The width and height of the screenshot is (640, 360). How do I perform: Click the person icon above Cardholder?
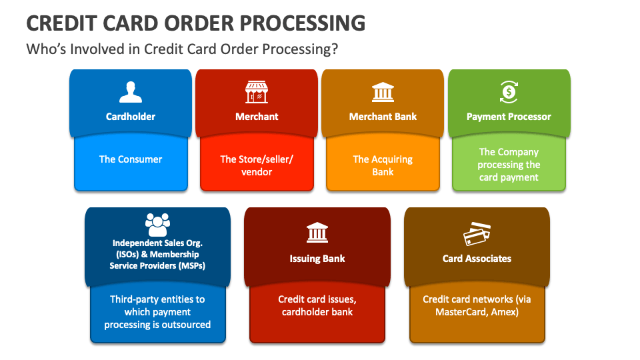(131, 92)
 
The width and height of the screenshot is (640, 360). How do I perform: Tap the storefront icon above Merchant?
(257, 92)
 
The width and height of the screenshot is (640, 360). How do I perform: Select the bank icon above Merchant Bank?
(383, 92)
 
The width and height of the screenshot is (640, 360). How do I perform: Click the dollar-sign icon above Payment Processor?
(509, 91)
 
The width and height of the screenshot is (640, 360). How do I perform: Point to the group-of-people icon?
(157, 225)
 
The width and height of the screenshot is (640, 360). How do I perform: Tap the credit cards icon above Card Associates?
(477, 233)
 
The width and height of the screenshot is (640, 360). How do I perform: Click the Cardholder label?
(131, 117)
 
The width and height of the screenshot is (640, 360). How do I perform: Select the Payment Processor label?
(509, 117)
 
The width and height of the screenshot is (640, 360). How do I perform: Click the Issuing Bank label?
(317, 259)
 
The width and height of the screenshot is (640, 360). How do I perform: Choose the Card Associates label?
(477, 259)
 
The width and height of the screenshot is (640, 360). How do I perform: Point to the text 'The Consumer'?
(131, 159)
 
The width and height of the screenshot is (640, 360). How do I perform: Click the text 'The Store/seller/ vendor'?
(257, 165)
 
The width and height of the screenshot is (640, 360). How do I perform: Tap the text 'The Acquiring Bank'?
(383, 165)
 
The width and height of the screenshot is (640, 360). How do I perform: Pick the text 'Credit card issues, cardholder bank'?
(317, 305)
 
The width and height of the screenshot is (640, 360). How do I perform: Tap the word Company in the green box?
(518, 152)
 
